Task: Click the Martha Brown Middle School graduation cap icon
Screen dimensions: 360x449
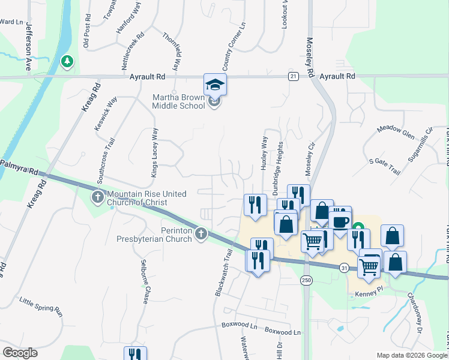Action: (215, 85)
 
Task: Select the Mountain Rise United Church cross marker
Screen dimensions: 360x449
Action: (97, 197)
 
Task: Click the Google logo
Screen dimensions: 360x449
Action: (20, 352)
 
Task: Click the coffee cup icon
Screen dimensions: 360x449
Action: (340, 221)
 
